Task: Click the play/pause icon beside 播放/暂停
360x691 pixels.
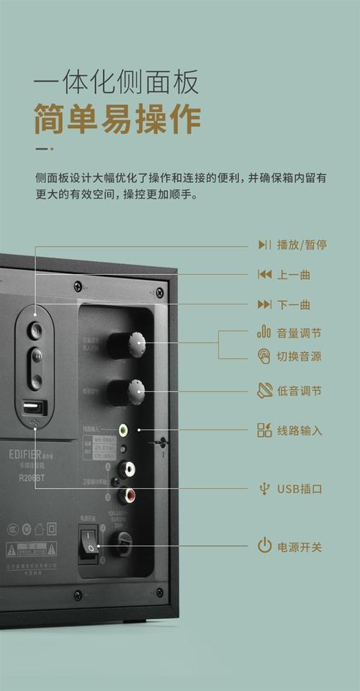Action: point(264,245)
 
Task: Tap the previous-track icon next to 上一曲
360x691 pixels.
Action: point(264,274)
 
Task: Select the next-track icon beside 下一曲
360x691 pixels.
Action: point(264,304)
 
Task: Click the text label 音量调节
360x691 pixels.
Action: point(299,333)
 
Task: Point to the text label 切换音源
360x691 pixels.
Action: point(299,356)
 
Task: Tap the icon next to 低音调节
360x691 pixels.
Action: point(264,391)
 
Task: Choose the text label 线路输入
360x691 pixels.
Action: point(299,431)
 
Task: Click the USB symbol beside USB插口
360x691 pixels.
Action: point(264,489)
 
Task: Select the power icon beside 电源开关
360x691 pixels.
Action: point(264,546)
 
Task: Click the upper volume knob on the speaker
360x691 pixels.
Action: point(132,344)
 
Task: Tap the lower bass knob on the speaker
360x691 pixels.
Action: point(133,392)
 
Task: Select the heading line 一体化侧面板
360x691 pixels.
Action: point(117,83)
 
